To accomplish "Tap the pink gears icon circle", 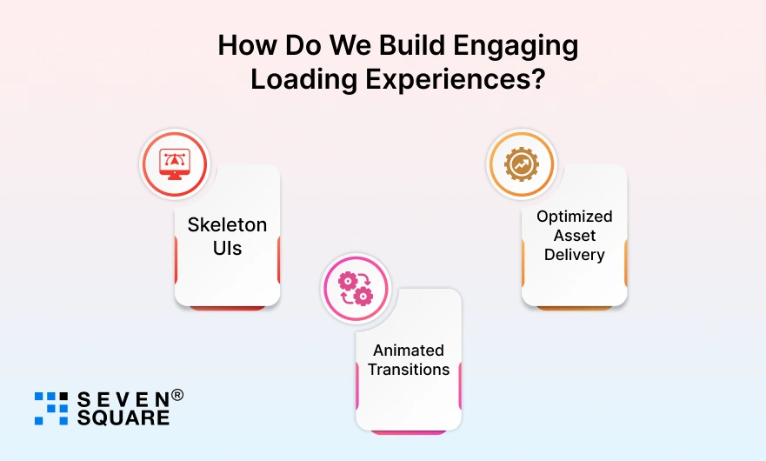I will coord(356,288).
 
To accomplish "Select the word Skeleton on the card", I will coord(227,224).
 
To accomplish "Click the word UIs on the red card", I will coord(227,249).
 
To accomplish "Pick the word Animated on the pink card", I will coord(409,350).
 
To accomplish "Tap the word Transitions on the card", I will coord(409,370).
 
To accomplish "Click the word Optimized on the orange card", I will coord(574,216).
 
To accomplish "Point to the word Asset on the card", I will coord(574,236).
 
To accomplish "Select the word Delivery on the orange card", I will coord(574,255).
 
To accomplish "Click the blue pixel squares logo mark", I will coord(51,408).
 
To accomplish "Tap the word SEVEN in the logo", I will coord(121,399).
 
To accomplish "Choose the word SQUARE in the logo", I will coord(123,418).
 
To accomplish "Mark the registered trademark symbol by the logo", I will coord(177,395).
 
